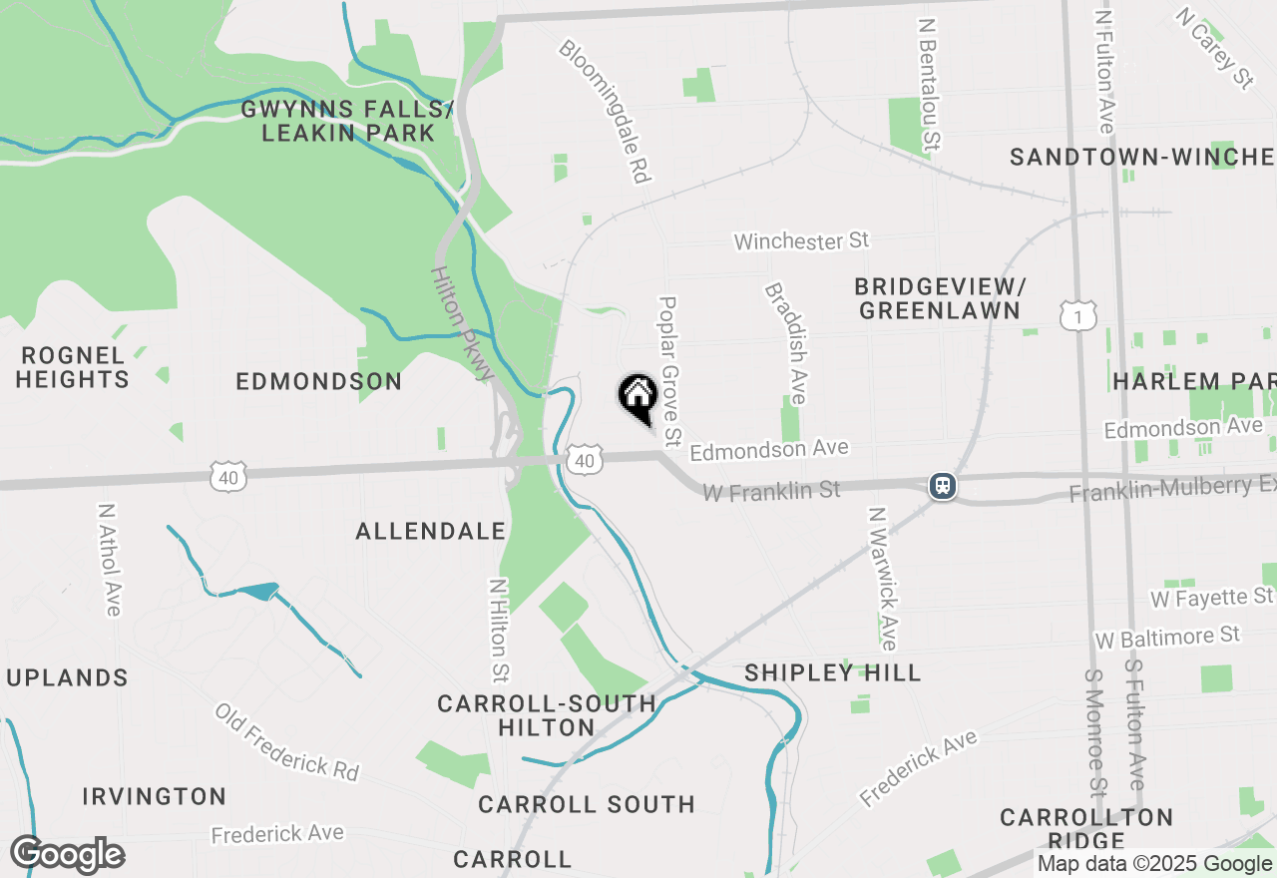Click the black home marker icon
click(638, 396)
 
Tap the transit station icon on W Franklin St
click(942, 486)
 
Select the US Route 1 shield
click(1078, 316)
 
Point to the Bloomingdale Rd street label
click(605, 110)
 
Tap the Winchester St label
click(801, 240)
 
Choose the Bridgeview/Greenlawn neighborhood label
click(939, 298)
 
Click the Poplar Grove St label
click(669, 370)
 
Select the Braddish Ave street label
click(786, 342)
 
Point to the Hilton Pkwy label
click(463, 322)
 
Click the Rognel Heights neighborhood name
click(73, 367)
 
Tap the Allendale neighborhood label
click(431, 531)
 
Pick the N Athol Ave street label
click(108, 558)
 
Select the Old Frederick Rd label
click(286, 742)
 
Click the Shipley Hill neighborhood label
click(833, 673)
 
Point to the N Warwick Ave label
click(882, 578)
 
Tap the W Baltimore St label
click(1166, 637)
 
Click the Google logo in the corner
click(67, 855)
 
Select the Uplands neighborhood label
click(67, 678)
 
